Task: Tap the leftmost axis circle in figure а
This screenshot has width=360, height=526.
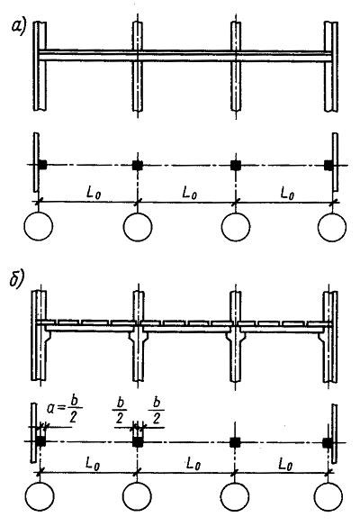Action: [39, 226]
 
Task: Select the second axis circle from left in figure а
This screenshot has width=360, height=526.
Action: [138, 227]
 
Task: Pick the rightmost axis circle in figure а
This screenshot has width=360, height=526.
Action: [332, 227]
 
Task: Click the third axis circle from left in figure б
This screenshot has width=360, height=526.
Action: [235, 496]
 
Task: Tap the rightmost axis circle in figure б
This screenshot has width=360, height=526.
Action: [328, 496]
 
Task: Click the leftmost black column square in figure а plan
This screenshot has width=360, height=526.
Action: [42, 165]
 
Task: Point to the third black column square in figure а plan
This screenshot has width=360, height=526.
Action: [236, 165]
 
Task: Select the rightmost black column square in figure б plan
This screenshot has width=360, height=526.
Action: [328, 442]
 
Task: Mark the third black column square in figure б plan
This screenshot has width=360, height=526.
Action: [235, 442]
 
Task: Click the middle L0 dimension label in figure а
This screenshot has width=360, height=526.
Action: [189, 193]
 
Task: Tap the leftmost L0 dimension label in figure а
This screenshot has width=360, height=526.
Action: [94, 193]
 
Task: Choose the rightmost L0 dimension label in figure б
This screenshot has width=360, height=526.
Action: [285, 464]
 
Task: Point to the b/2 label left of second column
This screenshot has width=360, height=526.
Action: [119, 412]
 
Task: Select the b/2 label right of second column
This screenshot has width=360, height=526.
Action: [157, 412]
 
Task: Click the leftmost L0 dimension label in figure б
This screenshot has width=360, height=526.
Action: [93, 464]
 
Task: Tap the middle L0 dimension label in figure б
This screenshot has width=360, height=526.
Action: [193, 464]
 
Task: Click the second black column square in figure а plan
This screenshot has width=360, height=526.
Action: [138, 165]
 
